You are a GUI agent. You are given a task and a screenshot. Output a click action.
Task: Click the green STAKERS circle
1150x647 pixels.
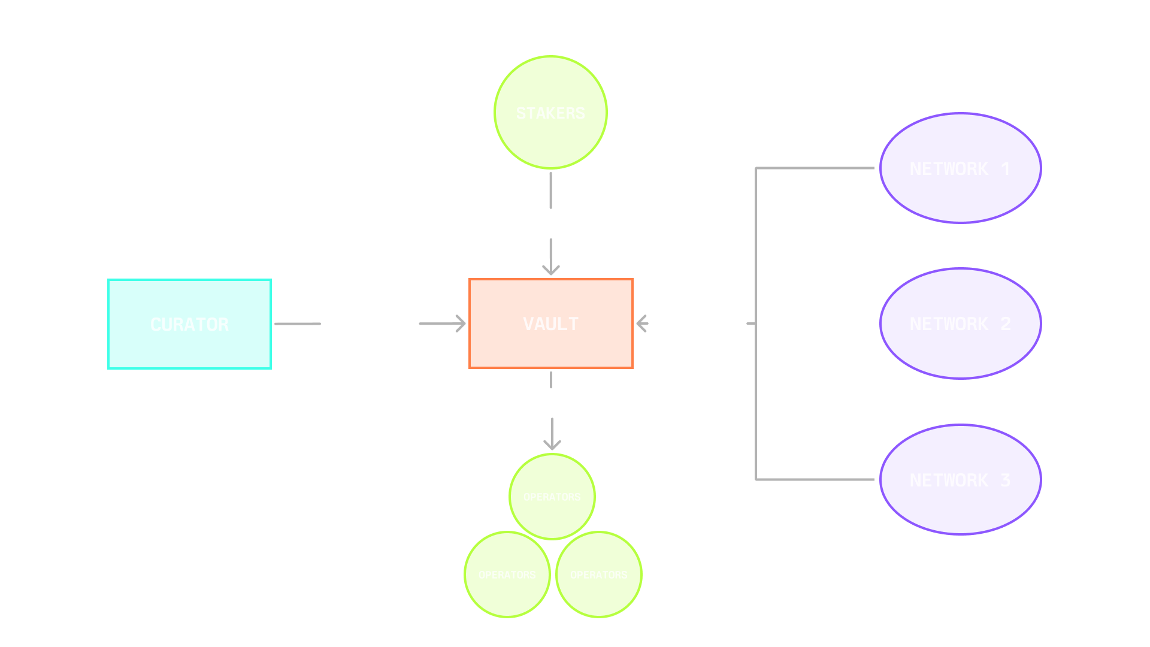pos(550,113)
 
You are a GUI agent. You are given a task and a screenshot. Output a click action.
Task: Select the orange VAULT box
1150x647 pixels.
pos(550,323)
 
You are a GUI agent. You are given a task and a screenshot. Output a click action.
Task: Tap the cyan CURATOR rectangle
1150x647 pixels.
pos(189,324)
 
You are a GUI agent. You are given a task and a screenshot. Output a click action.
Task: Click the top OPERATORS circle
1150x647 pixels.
pos(552,497)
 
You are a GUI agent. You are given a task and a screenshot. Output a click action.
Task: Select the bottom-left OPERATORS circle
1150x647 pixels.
pos(507,575)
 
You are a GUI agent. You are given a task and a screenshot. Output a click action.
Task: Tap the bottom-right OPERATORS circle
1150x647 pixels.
pos(598,575)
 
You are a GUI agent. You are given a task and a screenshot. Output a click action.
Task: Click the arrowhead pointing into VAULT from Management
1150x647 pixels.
pos(461,323)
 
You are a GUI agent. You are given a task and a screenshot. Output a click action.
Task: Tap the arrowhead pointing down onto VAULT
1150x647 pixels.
pos(551,270)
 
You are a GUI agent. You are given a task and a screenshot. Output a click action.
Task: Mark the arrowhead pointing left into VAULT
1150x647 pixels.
pos(641,323)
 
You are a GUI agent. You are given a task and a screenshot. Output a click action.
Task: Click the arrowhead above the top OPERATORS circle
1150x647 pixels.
pos(552,445)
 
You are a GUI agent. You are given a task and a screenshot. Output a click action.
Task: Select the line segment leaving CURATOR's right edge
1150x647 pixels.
pos(297,324)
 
